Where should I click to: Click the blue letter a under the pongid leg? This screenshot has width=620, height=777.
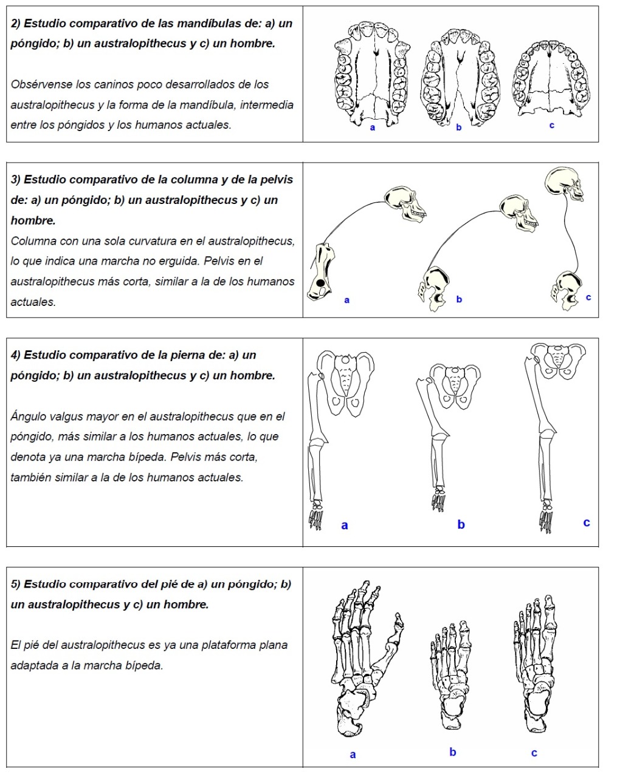click(345, 526)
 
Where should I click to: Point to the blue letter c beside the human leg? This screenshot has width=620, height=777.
click(586, 523)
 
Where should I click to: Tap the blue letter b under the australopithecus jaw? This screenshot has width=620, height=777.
click(459, 127)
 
